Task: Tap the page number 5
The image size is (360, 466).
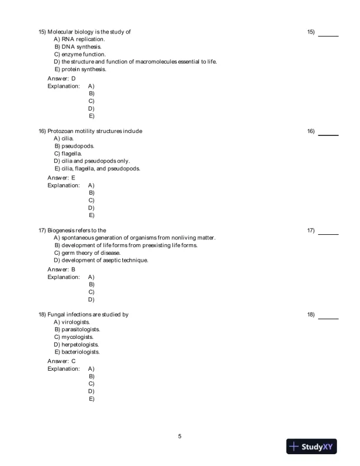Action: (x=179, y=436)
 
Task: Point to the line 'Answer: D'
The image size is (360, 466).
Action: (x=61, y=78)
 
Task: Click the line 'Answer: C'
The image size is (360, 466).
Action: (x=61, y=361)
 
